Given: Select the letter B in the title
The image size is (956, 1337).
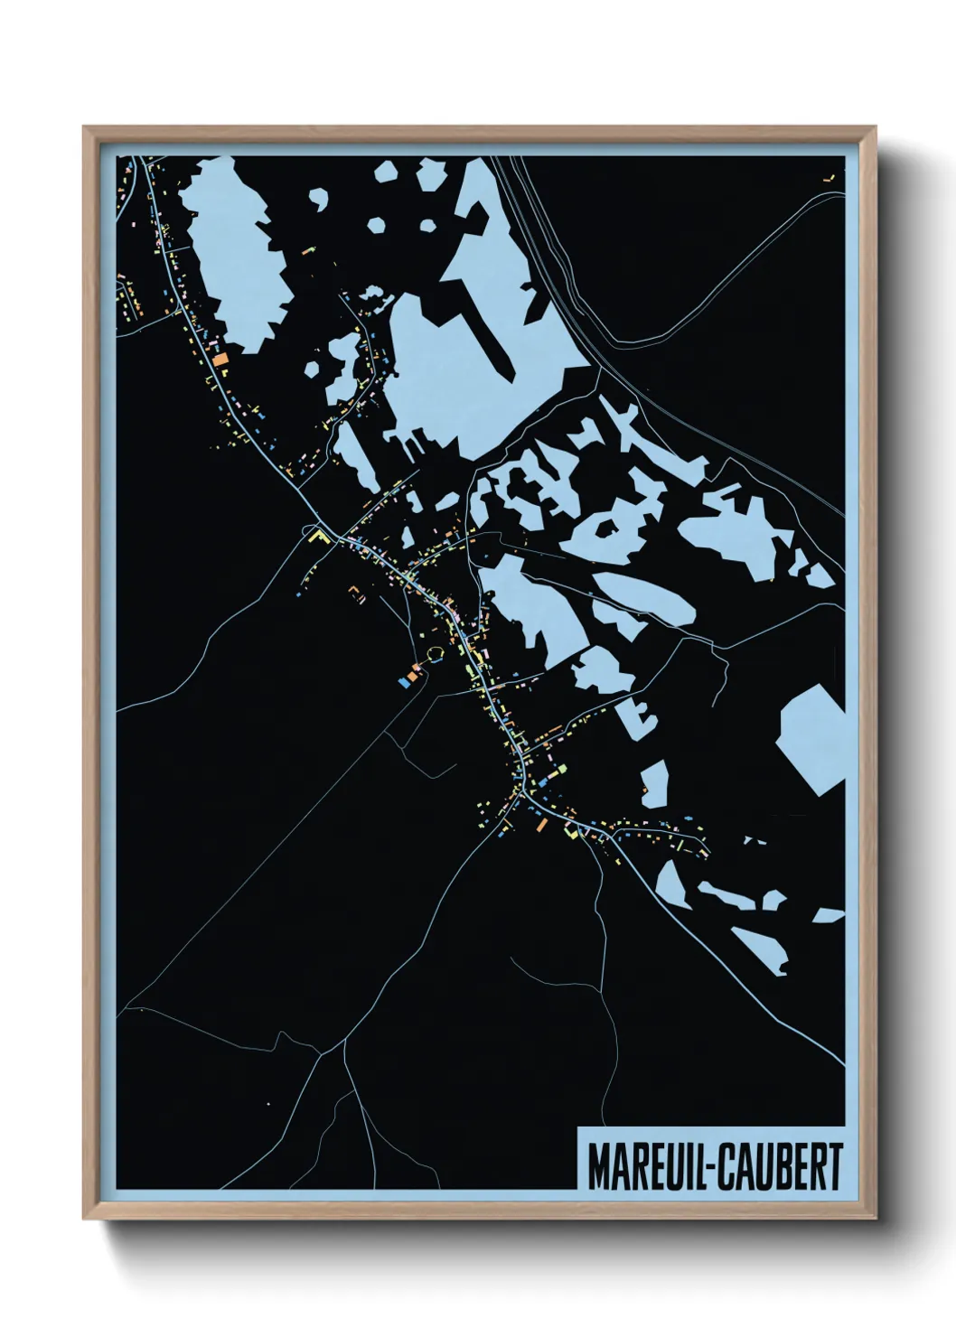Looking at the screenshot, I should click(x=784, y=1166).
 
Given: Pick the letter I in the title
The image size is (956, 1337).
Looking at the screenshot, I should click(x=691, y=1166).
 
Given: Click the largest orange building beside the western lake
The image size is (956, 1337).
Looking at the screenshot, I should click(x=220, y=359).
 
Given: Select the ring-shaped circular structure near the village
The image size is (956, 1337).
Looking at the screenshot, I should click(x=435, y=653).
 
